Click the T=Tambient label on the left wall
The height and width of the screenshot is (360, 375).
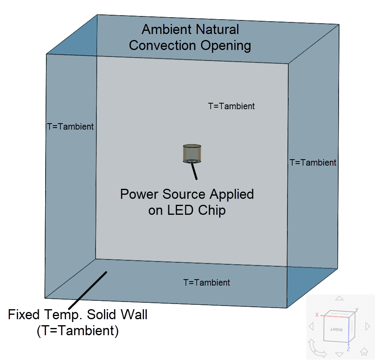(x=70, y=127)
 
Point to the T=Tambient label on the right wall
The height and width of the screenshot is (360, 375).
(x=313, y=163)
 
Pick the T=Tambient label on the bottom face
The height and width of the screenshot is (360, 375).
(x=207, y=283)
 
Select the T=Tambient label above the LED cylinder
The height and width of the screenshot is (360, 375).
(x=231, y=106)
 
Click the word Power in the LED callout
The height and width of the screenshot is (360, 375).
(x=140, y=194)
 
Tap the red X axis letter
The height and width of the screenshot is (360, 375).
(x=317, y=315)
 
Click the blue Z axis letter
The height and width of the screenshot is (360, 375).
(x=349, y=349)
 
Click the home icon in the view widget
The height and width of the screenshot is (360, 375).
(x=364, y=352)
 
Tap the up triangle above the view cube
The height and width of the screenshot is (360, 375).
(x=339, y=298)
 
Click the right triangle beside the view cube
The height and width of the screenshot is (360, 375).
(x=367, y=326)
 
